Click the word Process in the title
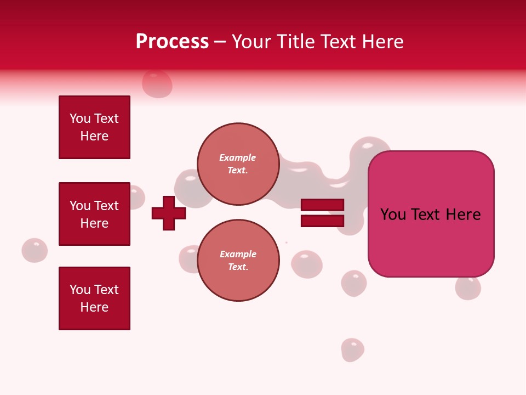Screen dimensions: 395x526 click(x=172, y=42)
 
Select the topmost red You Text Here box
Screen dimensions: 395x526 click(x=94, y=127)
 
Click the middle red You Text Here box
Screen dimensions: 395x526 click(x=94, y=214)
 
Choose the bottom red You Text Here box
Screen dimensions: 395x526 click(x=94, y=298)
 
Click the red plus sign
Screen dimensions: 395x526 click(x=169, y=213)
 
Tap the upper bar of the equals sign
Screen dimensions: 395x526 click(x=322, y=205)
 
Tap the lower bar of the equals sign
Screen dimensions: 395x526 click(x=322, y=221)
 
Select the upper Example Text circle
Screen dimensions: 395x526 click(x=238, y=164)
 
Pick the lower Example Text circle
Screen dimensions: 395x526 click(x=238, y=261)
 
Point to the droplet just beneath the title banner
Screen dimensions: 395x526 click(x=157, y=84)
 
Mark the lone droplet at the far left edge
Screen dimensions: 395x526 click(x=35, y=250)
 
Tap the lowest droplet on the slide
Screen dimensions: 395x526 click(x=352, y=349)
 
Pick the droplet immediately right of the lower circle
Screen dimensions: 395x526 click(x=307, y=264)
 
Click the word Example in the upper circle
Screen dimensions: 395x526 click(x=238, y=157)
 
